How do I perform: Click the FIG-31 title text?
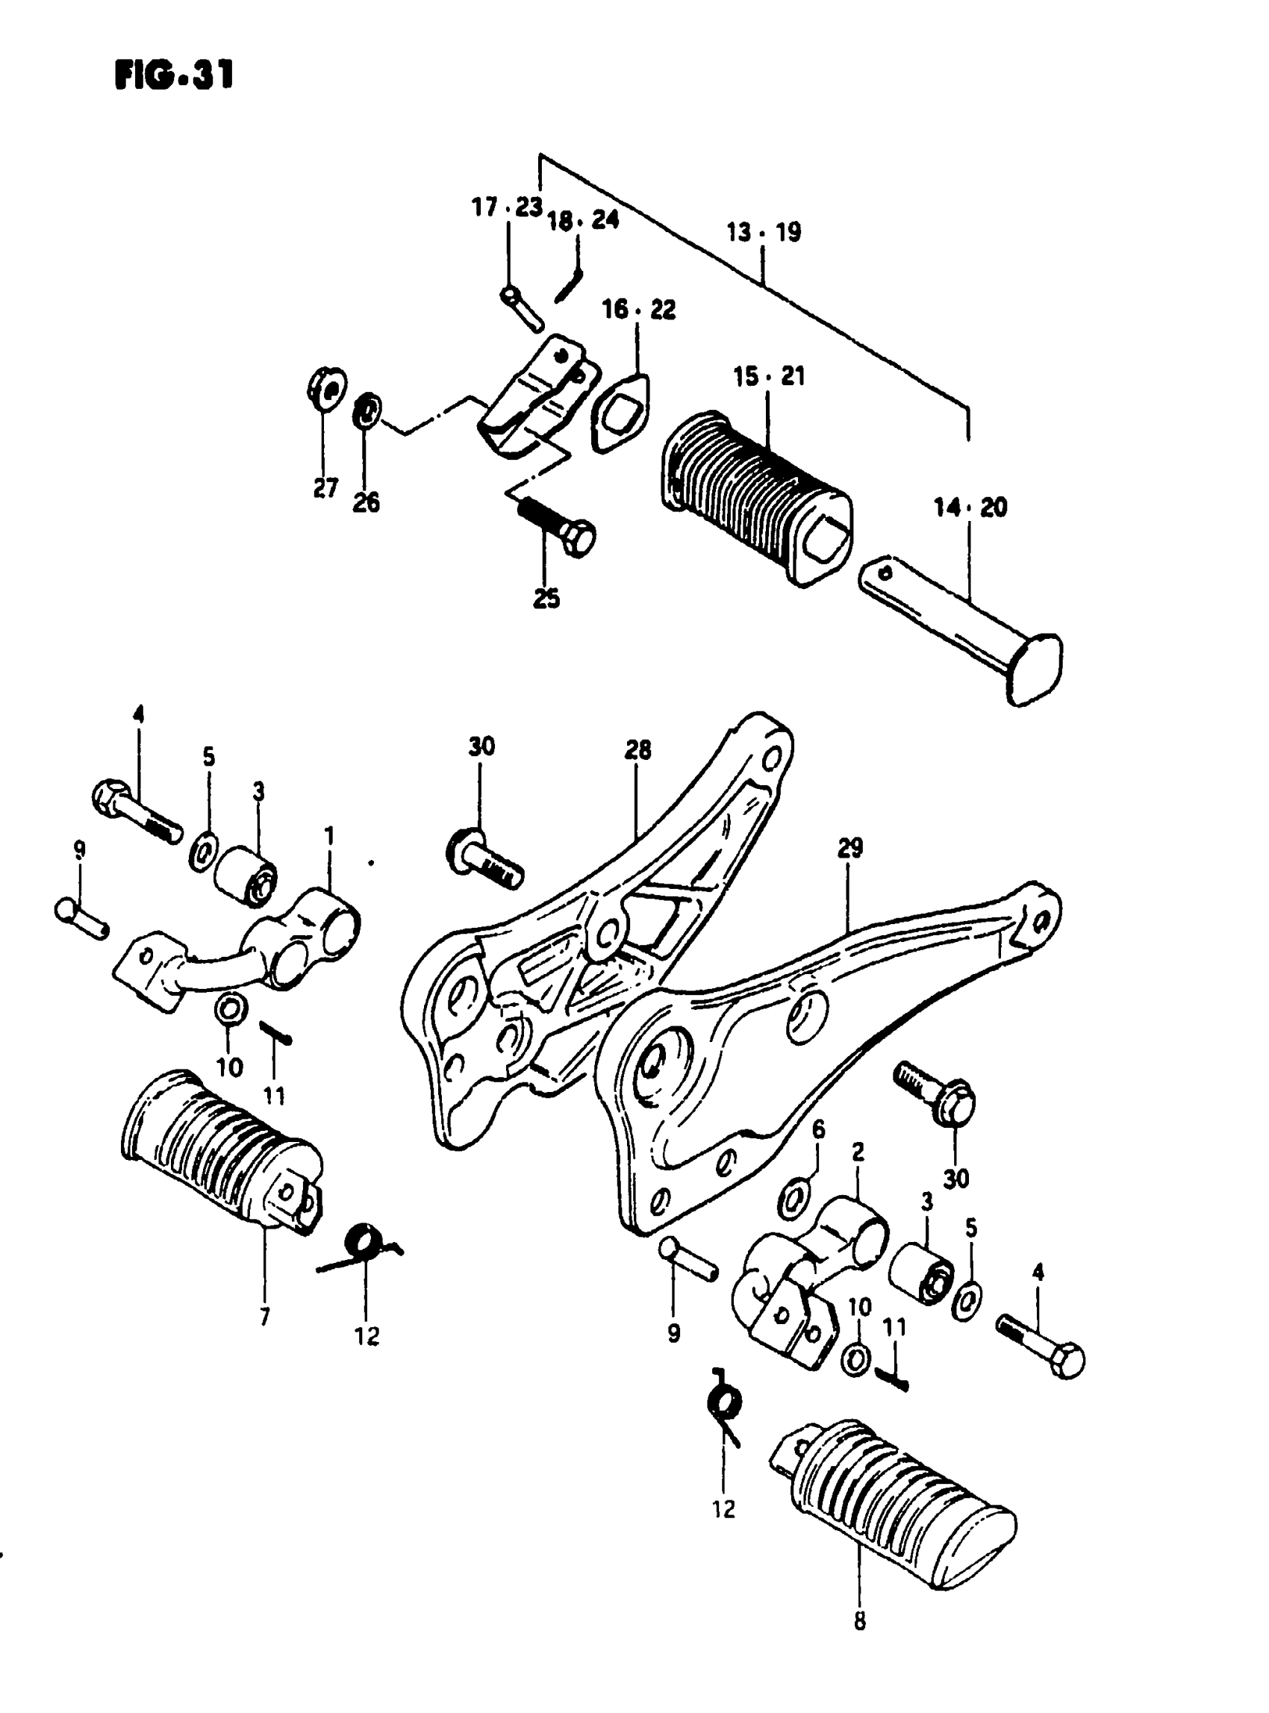pyautogui.click(x=174, y=75)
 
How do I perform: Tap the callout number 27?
pyautogui.click(x=325, y=489)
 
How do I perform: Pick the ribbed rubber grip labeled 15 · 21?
pyautogui.click(x=755, y=499)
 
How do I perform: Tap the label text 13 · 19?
pyautogui.click(x=764, y=232)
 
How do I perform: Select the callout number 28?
pyautogui.click(x=637, y=749)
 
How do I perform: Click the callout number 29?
pyautogui.click(x=849, y=848)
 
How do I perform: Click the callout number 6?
pyautogui.click(x=819, y=1129)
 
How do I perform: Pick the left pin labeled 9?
pyautogui.click(x=81, y=917)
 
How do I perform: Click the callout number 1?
pyautogui.click(x=329, y=836)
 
